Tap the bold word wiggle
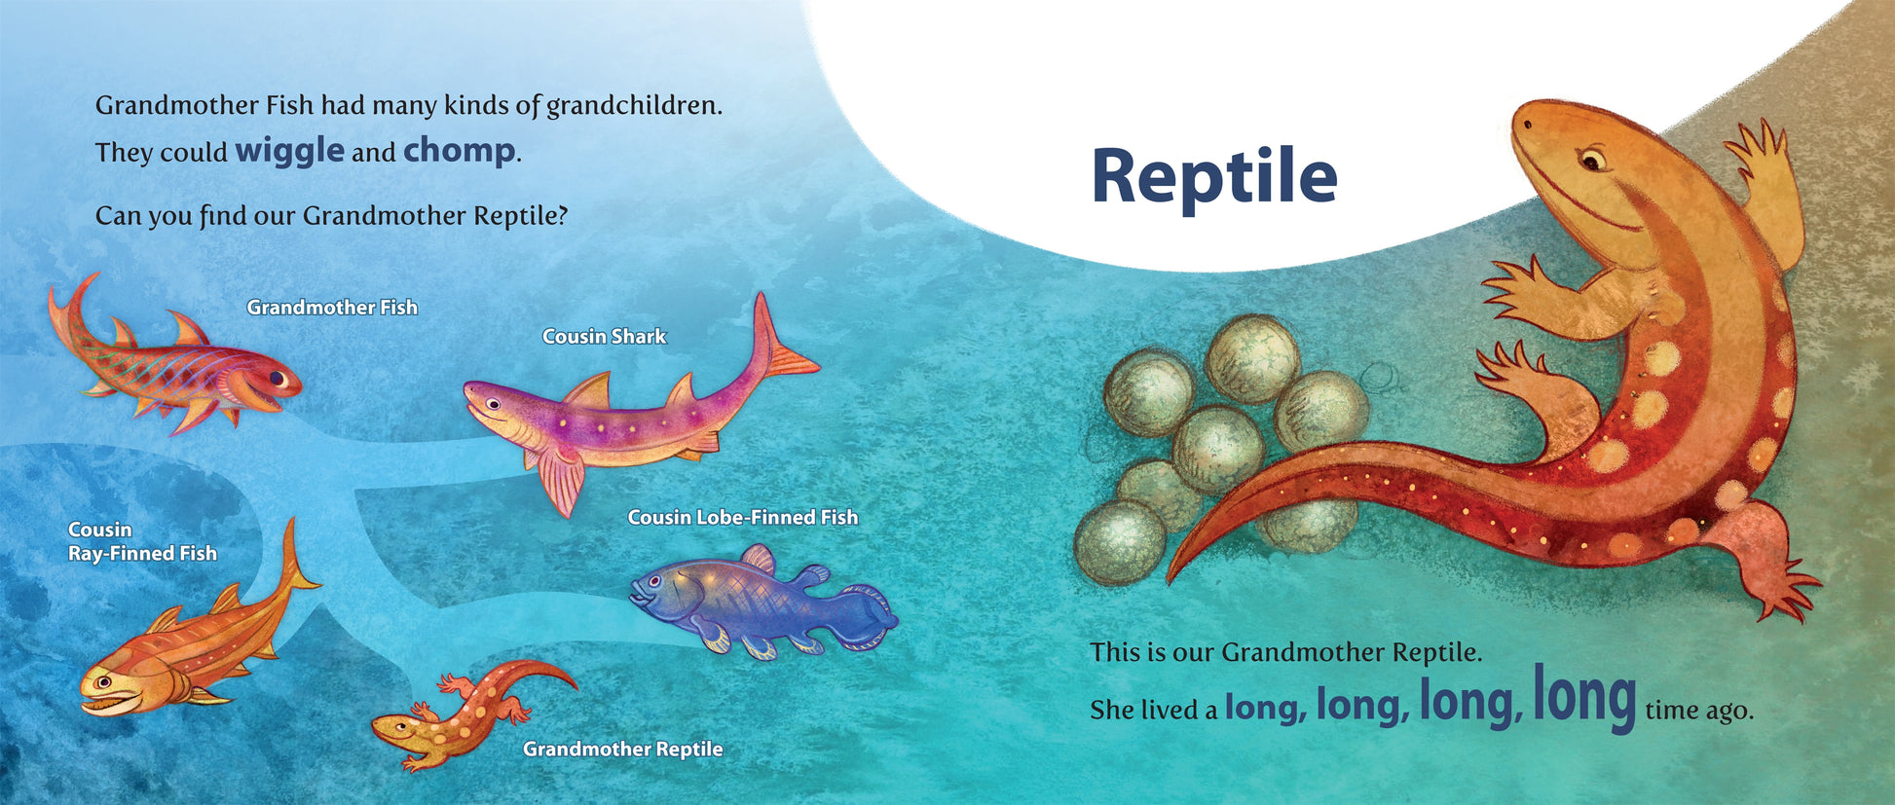click(x=289, y=151)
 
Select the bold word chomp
click(x=459, y=151)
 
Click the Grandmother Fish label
click(x=332, y=308)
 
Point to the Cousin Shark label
click(x=604, y=337)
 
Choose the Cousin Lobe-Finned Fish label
click(x=742, y=518)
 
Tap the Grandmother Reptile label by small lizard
click(x=622, y=750)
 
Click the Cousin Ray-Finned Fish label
click(x=142, y=542)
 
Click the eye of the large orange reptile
click(x=1592, y=157)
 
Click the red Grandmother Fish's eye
click(x=278, y=377)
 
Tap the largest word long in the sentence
click(x=1584, y=697)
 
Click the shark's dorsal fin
click(x=589, y=390)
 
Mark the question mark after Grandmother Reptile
click(x=561, y=215)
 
